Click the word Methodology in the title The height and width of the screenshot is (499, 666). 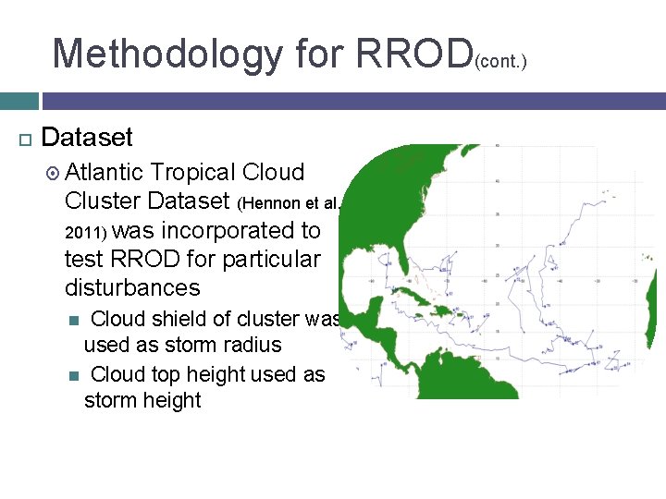click(x=166, y=54)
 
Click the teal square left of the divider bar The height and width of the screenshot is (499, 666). click(x=18, y=101)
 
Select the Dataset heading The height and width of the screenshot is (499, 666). click(x=88, y=138)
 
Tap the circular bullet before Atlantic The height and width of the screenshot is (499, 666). click(x=53, y=173)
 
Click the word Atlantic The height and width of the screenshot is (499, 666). click(x=105, y=173)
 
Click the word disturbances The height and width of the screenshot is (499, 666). click(x=132, y=287)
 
